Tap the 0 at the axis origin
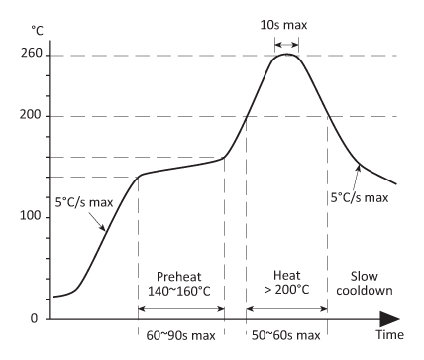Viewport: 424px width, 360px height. click(x=33, y=319)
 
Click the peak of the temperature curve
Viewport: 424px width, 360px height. click(x=287, y=55)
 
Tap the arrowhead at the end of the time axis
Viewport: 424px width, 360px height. click(x=393, y=319)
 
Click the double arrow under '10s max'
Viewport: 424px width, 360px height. click(x=287, y=37)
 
